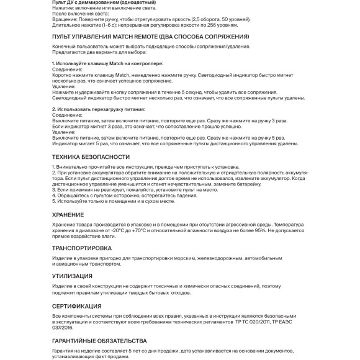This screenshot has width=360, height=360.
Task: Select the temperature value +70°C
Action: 138,230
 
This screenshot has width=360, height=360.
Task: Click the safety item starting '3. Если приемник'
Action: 118,189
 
